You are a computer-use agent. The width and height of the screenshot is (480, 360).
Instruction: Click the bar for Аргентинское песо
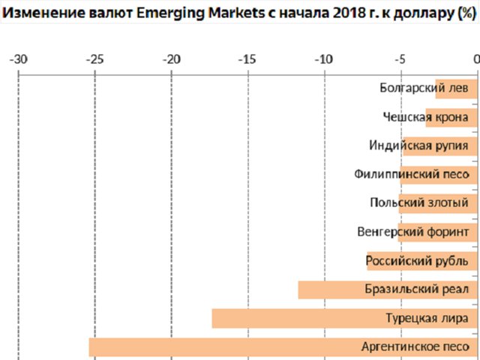pyautogui.click(x=225, y=347)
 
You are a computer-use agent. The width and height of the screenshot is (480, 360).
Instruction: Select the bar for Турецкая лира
pyautogui.click(x=300, y=319)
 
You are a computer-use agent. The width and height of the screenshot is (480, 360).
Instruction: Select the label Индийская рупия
pyautogui.click(x=418, y=145)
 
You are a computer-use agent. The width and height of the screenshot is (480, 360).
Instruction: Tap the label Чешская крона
pyautogui.click(x=425, y=116)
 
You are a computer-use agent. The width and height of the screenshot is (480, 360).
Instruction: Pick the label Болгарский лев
pyautogui.click(x=424, y=87)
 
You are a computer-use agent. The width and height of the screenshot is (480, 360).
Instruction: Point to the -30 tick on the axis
pyautogui.click(x=19, y=58)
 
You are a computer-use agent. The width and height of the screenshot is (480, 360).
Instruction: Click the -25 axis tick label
pyautogui.click(x=94, y=58)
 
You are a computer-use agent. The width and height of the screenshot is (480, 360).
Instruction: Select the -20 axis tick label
pyautogui.click(x=171, y=58)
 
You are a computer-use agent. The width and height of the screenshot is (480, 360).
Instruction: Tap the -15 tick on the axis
pyautogui.click(x=247, y=58)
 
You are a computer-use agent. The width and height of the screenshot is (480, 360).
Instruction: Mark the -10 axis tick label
pyautogui.click(x=323, y=58)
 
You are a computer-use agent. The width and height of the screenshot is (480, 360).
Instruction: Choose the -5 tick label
pyautogui.click(x=400, y=58)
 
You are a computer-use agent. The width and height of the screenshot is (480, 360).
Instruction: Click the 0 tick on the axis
pyautogui.click(x=475, y=58)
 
